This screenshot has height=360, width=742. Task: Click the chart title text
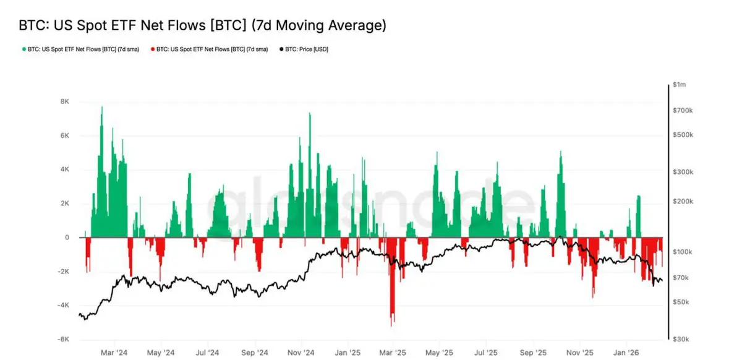(x=202, y=25)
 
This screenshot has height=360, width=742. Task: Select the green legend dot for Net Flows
(x=23, y=48)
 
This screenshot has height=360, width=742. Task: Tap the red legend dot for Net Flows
(x=153, y=48)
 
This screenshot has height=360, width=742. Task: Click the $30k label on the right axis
(x=681, y=340)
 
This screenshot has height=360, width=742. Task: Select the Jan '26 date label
(x=626, y=353)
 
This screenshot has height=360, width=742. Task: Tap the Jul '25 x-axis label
(x=486, y=353)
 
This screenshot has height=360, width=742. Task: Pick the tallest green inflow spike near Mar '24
(x=101, y=109)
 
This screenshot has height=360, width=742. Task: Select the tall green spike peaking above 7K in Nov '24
(x=309, y=115)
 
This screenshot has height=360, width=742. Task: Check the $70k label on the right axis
(x=681, y=278)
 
